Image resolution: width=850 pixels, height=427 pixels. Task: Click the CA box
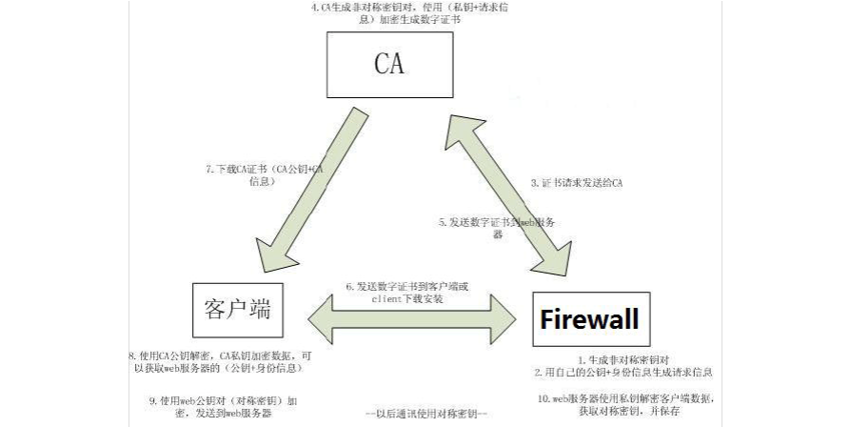click(x=389, y=66)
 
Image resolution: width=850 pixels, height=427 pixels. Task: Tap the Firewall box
click(x=590, y=318)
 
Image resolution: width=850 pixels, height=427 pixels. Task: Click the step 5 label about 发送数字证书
click(x=496, y=227)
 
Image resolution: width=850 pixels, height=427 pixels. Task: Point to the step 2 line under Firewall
click(x=624, y=373)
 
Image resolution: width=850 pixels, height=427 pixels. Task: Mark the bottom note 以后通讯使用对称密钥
click(x=426, y=414)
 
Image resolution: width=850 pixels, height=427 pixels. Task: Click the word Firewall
click(x=589, y=318)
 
